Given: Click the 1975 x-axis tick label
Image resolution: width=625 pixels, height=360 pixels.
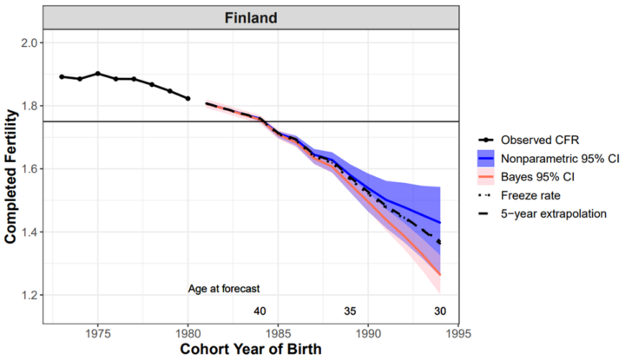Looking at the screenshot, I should tap(98, 331).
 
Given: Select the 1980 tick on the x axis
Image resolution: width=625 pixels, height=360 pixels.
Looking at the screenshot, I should tap(188, 331).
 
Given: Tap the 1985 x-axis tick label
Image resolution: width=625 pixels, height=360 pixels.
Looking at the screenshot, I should tap(279, 331).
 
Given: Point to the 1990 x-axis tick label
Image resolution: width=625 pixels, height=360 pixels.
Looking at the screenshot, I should tap(369, 331).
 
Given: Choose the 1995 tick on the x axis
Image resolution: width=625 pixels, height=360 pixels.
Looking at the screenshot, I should tap(459, 331).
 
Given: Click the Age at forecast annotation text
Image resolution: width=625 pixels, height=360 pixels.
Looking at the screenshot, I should tap(225, 288).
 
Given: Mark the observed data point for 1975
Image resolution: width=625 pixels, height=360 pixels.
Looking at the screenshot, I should tap(98, 74).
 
